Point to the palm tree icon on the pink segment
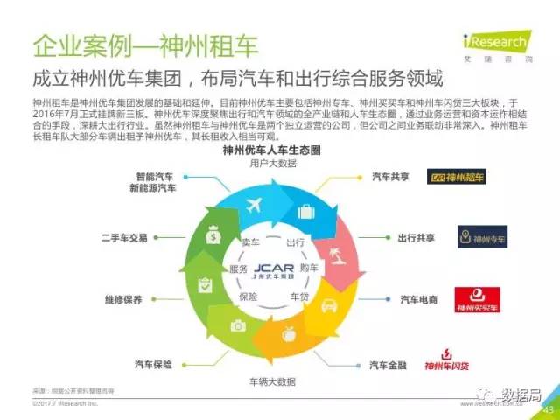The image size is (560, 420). pos(335,255)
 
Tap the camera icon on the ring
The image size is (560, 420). pos(237,325)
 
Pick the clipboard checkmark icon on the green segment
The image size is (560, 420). pos(205,284)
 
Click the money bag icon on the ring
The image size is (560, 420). pos(213,234)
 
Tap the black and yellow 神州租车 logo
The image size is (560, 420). pos(458,178)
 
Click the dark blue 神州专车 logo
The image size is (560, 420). pos(482,237)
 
